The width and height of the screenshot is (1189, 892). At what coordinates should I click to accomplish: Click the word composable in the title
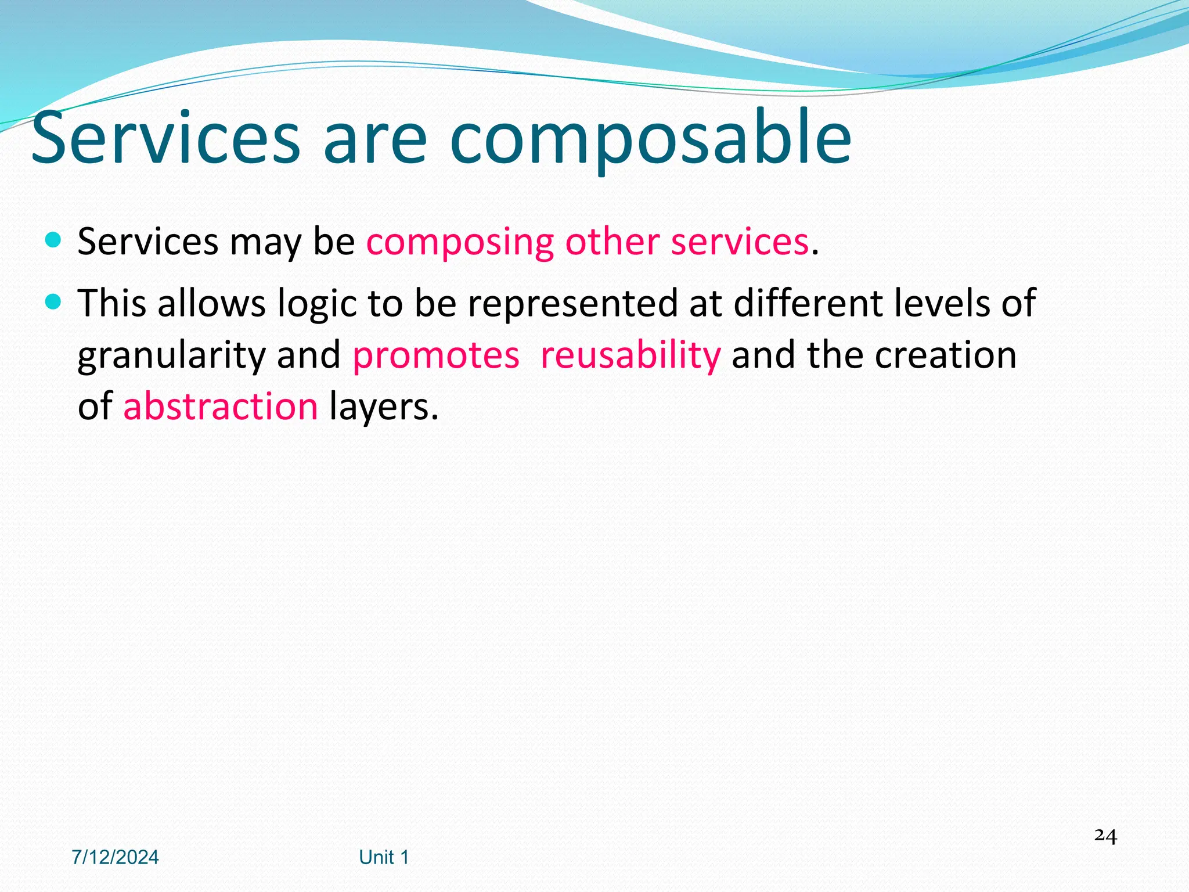(650, 139)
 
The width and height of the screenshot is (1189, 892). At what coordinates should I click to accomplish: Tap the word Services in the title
(165, 139)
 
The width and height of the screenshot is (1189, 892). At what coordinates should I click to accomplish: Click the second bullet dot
(53, 302)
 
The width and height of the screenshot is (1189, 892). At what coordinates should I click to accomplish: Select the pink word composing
(460, 243)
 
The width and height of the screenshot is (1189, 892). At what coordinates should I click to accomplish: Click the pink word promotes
(435, 355)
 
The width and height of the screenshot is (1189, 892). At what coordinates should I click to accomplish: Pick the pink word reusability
(630, 355)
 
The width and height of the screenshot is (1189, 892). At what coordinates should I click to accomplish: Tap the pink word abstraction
(221, 406)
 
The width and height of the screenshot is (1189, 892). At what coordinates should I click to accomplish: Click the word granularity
(172, 355)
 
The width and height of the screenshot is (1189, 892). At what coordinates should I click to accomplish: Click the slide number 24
(1105, 836)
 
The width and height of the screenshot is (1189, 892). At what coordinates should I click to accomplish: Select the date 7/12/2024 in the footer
(115, 857)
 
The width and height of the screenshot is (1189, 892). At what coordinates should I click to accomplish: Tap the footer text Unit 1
(384, 857)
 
